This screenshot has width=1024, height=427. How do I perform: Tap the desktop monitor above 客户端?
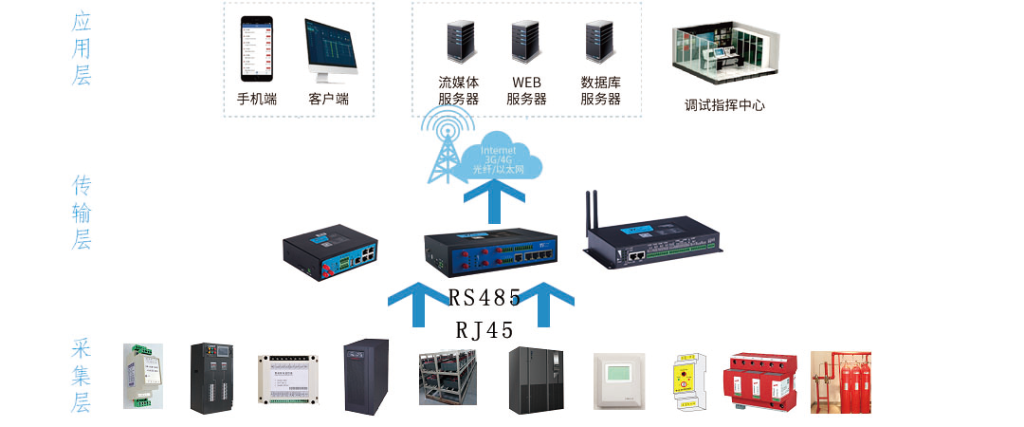point(330,49)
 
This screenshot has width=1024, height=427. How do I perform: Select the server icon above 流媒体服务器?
point(460,43)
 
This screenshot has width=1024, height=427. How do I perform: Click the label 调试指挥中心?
point(724,105)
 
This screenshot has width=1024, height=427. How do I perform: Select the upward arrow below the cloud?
point(493,204)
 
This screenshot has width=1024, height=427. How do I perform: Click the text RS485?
point(485,298)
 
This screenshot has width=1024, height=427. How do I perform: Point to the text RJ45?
point(485,330)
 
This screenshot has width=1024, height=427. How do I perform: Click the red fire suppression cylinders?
point(840,381)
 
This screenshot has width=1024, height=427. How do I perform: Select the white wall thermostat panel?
point(619,381)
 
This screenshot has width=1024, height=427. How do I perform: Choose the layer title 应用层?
point(82,48)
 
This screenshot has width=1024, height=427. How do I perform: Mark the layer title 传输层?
point(82,212)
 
